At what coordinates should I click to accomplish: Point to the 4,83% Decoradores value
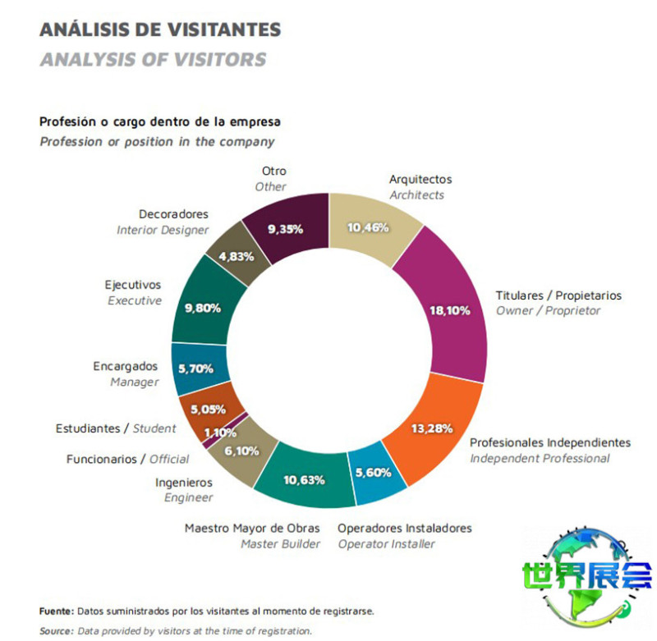pyautogui.click(x=238, y=256)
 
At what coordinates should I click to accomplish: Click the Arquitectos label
pyautogui.click(x=420, y=179)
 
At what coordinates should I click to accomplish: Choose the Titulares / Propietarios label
pyautogui.click(x=558, y=295)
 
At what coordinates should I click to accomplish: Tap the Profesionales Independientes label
pyautogui.click(x=550, y=442)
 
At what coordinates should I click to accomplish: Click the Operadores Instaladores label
pyautogui.click(x=405, y=528)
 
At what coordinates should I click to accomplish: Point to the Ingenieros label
pyautogui.click(x=184, y=482)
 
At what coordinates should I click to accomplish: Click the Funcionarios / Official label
pyautogui.click(x=127, y=459)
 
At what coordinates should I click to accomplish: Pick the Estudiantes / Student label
pyautogui.click(x=116, y=428)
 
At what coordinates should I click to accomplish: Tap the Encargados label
pyautogui.click(x=125, y=366)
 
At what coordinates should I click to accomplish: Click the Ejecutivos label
pyautogui.click(x=133, y=285)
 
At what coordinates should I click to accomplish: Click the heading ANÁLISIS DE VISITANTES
pyautogui.click(x=160, y=30)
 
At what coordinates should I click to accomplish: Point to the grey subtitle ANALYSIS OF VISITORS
pyautogui.click(x=153, y=59)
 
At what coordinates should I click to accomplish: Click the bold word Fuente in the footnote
pyautogui.click(x=57, y=611)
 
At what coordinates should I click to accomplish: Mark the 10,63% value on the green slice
pyautogui.click(x=301, y=479)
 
